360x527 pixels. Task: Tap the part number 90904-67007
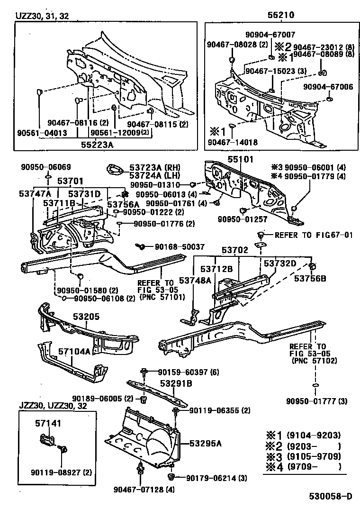pos(270,35)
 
